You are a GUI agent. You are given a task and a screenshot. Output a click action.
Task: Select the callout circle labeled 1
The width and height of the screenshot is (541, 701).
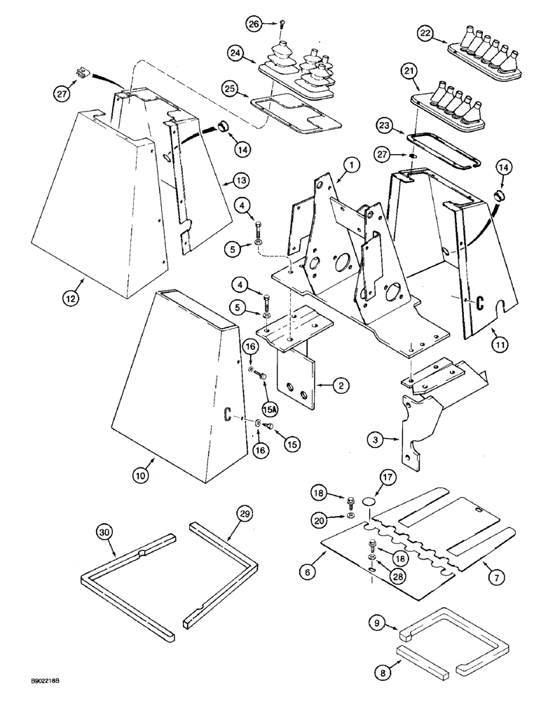click(x=351, y=165)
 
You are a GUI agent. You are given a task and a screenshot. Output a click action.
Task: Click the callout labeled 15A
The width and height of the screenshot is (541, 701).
click(x=269, y=408)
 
